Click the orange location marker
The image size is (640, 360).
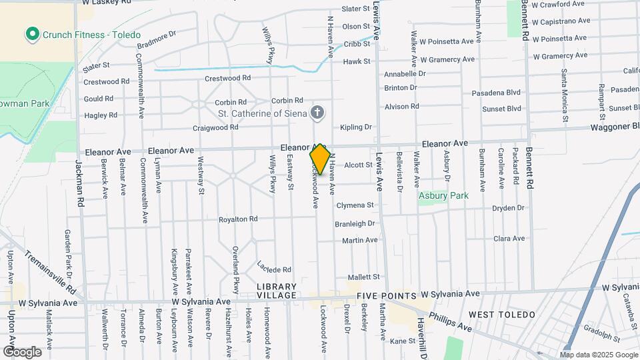[320, 159]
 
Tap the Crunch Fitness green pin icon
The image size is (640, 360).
[31, 33]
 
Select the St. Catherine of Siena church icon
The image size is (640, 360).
[318, 113]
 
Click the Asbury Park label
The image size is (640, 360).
[443, 196]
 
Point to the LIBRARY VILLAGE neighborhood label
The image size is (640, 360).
[276, 291]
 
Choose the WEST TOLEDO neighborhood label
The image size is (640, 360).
[501, 314]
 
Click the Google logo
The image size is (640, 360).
[22, 351]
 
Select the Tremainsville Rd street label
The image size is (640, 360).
[50, 271]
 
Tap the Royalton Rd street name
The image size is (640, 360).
[238, 219]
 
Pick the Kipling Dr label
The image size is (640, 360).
[355, 127]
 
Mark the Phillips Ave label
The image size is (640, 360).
[451, 323]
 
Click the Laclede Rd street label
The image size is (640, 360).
[275, 268]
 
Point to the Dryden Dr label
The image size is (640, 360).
[508, 208]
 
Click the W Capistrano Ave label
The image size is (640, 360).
[560, 21]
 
